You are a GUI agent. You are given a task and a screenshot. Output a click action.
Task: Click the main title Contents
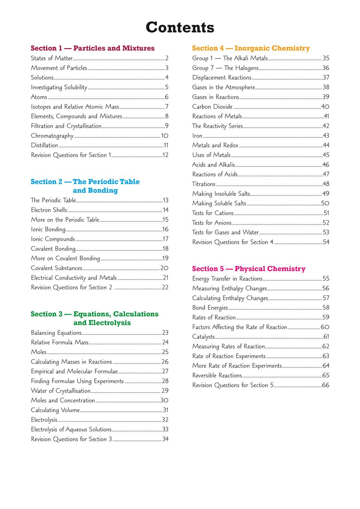[x=180, y=27]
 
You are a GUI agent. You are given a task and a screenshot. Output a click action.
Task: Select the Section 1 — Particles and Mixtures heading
[x=93, y=48]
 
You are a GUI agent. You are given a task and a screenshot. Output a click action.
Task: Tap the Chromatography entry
[x=52, y=136]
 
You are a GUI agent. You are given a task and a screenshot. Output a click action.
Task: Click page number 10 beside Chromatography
[x=165, y=136]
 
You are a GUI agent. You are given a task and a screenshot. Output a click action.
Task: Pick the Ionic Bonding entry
[x=48, y=229]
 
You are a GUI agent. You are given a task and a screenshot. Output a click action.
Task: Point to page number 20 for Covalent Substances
[x=164, y=268]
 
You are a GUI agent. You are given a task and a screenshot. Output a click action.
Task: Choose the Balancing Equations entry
[x=56, y=333]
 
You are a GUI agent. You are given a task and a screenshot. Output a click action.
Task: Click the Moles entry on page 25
[x=39, y=352]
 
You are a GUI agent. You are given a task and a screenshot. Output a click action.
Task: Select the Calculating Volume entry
[x=55, y=410]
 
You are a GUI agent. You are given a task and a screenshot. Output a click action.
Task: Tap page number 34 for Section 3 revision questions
[x=165, y=439]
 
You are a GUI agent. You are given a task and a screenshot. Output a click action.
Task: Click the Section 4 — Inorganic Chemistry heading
[x=251, y=48]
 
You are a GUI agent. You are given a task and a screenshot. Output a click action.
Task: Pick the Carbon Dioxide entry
[x=212, y=107]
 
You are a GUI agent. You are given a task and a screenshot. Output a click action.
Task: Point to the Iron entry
[x=197, y=136]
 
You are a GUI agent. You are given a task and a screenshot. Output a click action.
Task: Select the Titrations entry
[x=204, y=184]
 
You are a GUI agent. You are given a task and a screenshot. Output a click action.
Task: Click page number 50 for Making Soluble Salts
[x=325, y=203]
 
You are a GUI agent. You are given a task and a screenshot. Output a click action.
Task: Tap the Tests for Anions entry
[x=212, y=223]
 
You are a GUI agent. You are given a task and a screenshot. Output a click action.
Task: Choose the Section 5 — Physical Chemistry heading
[x=249, y=269]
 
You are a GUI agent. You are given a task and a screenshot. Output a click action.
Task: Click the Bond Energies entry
[x=210, y=308]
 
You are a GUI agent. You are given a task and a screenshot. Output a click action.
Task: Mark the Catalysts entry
[x=203, y=337]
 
